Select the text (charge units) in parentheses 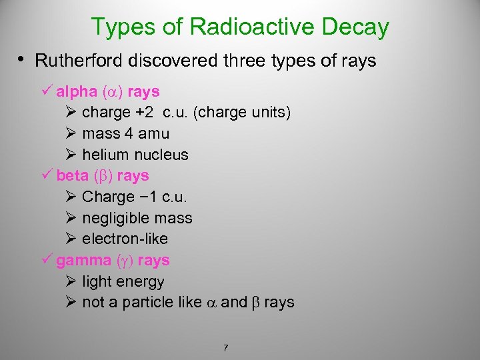pos(241,113)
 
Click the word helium pos(105,155)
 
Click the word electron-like pos(125,239)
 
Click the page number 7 pos(227,348)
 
